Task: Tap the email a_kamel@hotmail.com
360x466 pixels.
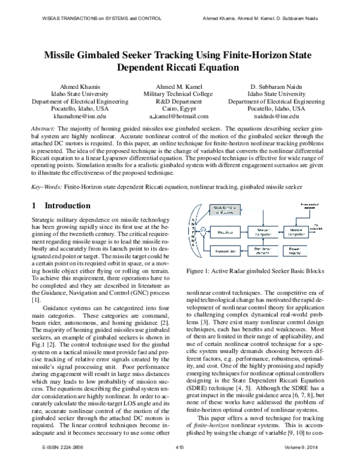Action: pos(180,116)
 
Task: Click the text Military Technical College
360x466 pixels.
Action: pos(180,94)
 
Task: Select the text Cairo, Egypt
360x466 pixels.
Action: pos(180,109)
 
